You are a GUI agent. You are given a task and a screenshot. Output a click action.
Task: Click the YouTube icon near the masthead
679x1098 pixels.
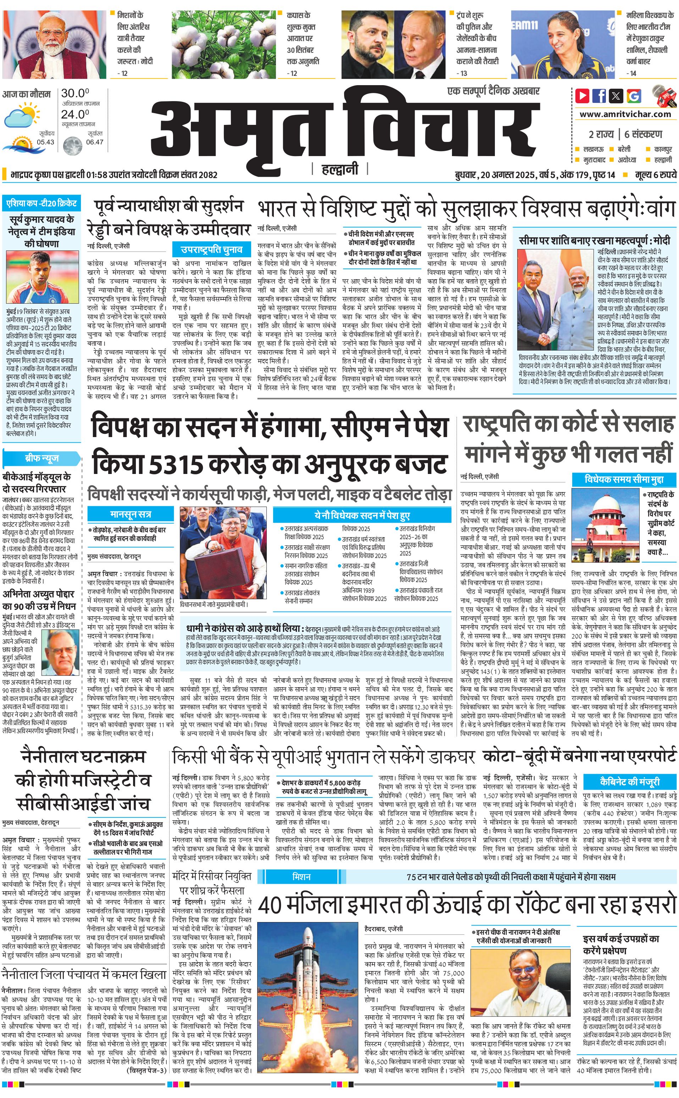(583, 96)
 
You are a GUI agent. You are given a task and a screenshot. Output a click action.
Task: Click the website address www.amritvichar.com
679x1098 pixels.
(625, 114)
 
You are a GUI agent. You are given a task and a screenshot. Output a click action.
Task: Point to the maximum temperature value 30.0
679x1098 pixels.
(75, 93)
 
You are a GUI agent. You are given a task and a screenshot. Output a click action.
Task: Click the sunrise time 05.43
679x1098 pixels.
(45, 142)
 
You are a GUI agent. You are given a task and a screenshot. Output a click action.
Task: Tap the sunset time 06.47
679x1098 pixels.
(94, 142)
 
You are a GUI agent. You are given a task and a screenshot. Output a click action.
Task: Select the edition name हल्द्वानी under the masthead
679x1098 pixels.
(340, 169)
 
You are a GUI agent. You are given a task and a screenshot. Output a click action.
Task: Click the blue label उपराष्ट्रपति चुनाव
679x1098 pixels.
(211, 249)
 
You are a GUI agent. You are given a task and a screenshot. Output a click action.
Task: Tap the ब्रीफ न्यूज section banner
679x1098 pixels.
(41, 458)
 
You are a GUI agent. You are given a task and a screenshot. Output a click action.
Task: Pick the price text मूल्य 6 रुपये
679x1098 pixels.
(655, 175)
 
